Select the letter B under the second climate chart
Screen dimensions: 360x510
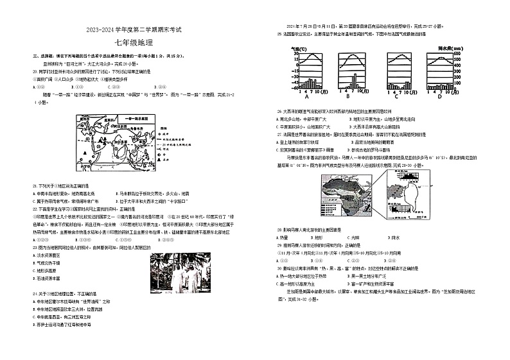(347, 97)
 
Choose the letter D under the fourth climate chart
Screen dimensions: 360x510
(440, 97)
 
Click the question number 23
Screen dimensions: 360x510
(35, 247)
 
